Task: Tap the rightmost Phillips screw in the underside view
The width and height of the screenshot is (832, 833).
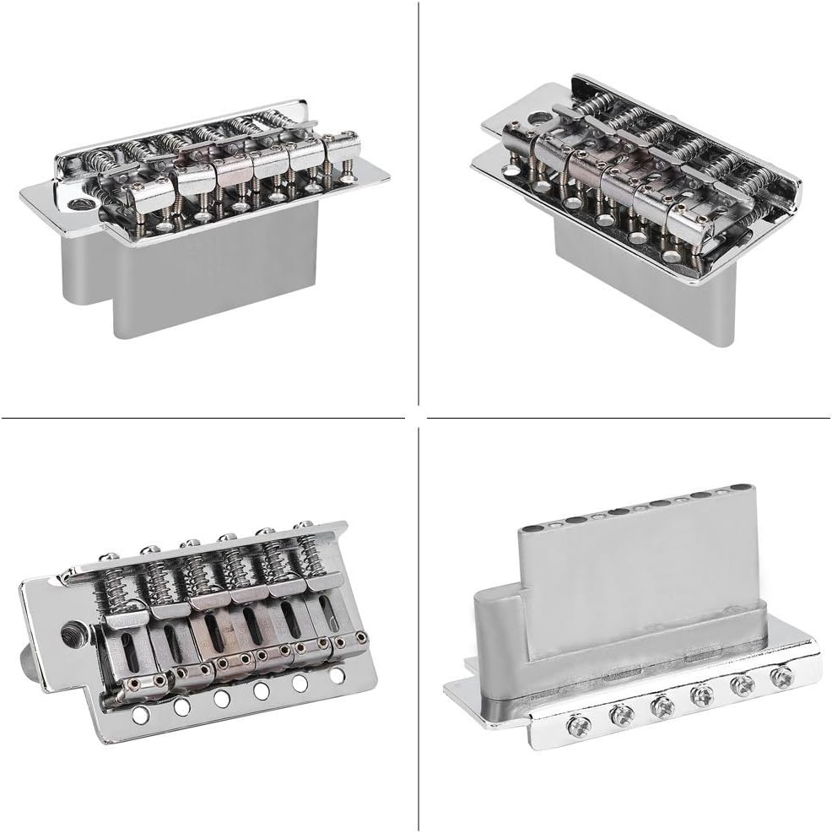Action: coord(783,677)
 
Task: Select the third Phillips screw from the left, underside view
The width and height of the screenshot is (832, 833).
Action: coord(661,706)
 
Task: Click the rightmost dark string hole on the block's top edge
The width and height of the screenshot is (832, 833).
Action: coord(740,489)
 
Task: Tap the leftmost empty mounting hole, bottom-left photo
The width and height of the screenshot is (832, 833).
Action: coord(141,714)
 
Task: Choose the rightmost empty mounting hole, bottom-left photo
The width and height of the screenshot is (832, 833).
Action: coord(337,675)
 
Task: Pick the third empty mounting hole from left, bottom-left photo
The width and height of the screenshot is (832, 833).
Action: coord(222,699)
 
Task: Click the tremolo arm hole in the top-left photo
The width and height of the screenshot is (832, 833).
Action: coord(80,203)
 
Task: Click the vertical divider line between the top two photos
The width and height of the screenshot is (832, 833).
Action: coord(419,203)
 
